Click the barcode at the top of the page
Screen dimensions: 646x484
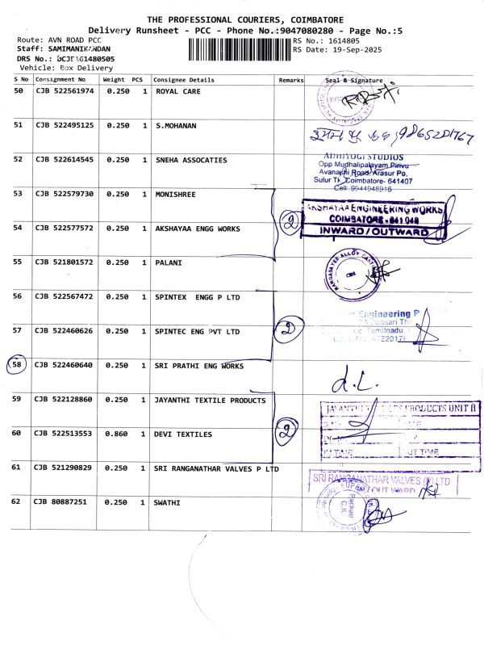coord(240,48)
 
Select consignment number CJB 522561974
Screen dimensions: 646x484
coord(65,91)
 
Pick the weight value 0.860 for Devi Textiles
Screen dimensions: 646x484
coord(118,434)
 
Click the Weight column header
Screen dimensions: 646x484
coord(113,80)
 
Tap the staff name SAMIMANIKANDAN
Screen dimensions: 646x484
coord(75,49)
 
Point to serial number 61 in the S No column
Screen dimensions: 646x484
coord(18,468)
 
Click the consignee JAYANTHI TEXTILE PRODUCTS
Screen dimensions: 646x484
coord(210,400)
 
